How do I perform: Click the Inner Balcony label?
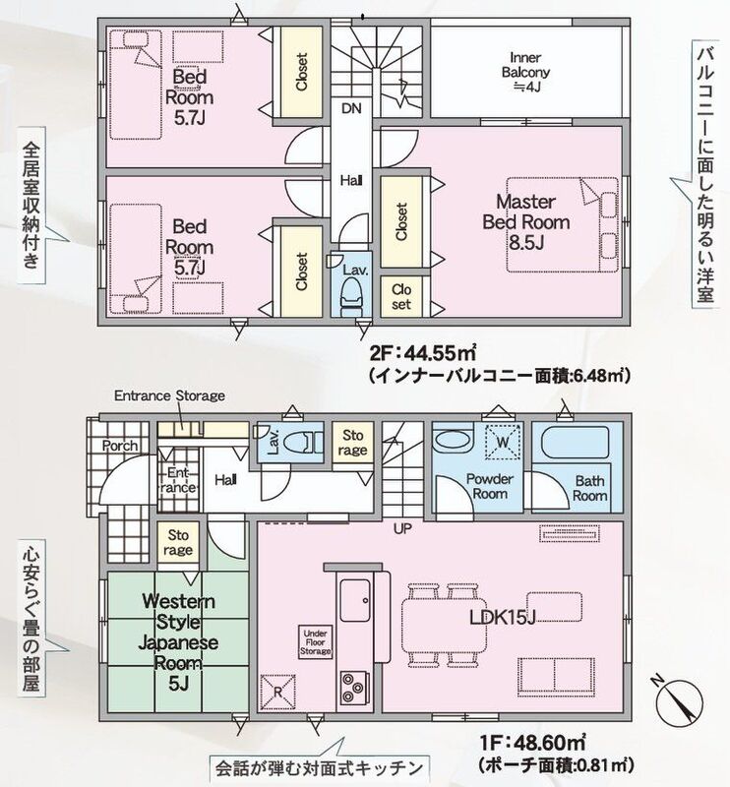click(525, 72)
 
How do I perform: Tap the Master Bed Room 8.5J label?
click(525, 222)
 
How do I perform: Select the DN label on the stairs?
click(351, 108)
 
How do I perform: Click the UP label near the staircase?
click(402, 528)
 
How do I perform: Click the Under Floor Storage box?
click(315, 642)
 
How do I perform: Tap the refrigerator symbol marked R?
click(277, 692)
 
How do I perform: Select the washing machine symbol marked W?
click(503, 442)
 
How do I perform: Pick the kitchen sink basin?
click(355, 600)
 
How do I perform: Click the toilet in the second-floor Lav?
click(351, 299)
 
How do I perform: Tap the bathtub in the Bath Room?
click(575, 443)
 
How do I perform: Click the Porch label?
click(119, 446)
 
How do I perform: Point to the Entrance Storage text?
click(169, 395)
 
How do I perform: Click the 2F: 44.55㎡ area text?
click(423, 354)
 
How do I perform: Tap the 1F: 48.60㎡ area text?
click(532, 742)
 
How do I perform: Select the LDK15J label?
click(502, 618)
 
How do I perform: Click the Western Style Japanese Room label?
click(178, 642)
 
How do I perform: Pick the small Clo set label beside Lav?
click(401, 297)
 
